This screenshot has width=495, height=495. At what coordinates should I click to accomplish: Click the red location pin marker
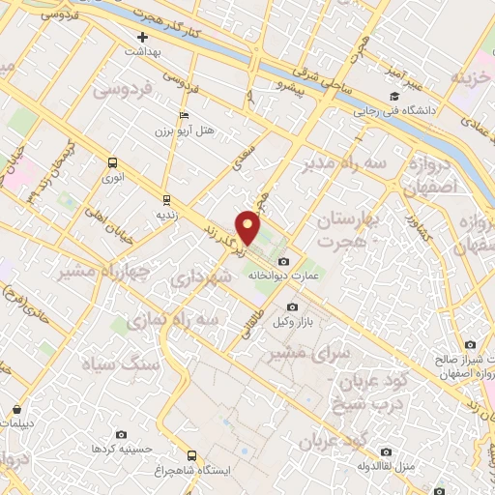tap(249, 227)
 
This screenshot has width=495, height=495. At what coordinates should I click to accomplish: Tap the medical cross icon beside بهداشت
tap(142, 36)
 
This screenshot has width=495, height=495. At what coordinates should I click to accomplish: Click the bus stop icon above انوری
tap(113, 163)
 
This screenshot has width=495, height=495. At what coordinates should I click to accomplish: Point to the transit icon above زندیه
tap(166, 199)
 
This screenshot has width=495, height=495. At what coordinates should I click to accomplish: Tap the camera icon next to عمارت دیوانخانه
tap(282, 261)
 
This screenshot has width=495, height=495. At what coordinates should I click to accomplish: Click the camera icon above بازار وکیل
tap(293, 307)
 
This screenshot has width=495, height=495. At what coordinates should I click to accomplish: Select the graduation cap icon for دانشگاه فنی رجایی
tap(394, 97)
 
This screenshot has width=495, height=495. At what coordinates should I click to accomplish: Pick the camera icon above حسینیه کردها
tap(120, 436)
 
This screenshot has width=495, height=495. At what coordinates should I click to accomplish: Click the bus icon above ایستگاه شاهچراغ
tap(191, 454)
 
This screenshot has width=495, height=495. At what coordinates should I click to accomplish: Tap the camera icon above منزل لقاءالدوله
tap(386, 451)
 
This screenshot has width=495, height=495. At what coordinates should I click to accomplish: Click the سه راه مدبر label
tap(348, 165)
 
